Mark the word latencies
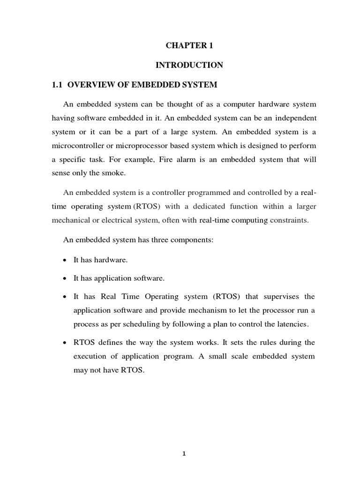pyautogui.click(x=292, y=324)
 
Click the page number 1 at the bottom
pyautogui.click(x=184, y=454)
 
